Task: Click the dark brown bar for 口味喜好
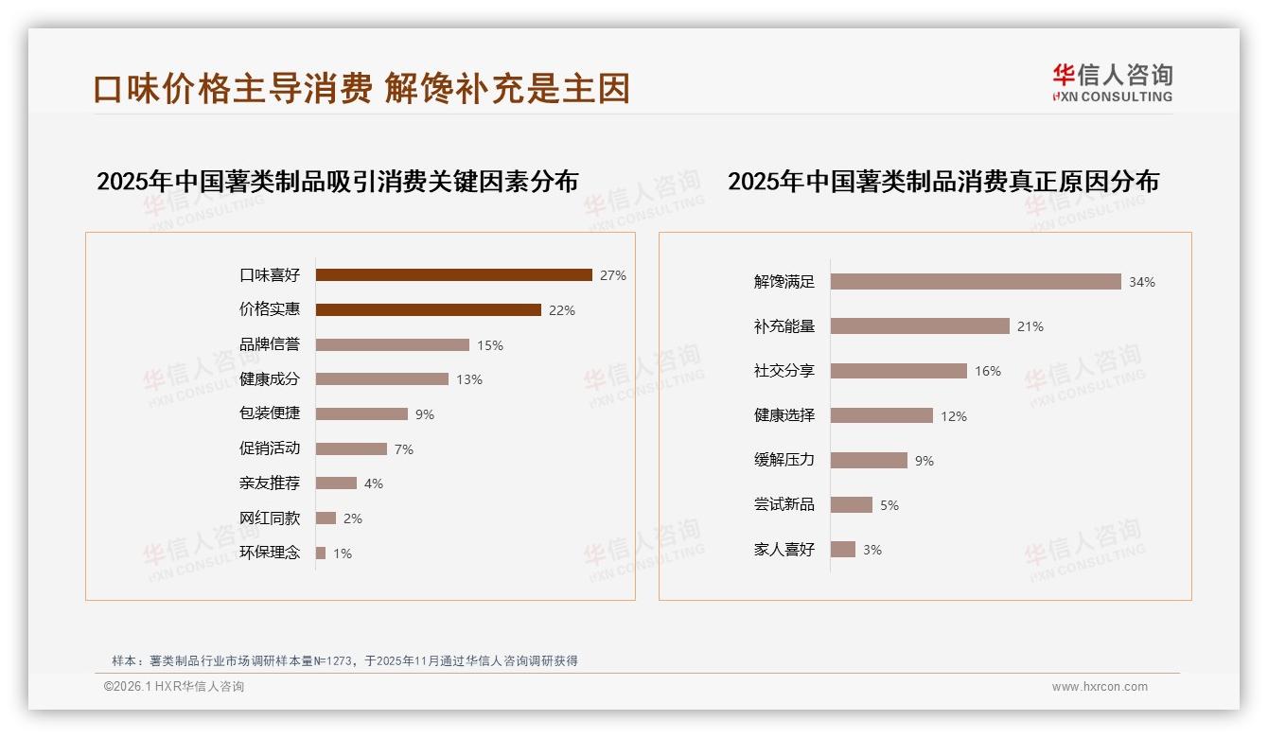click(x=453, y=275)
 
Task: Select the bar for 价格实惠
click(x=428, y=309)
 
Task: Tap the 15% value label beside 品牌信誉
click(x=490, y=345)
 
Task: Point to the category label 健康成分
click(x=270, y=378)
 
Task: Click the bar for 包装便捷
click(x=361, y=413)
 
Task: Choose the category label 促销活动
click(x=270, y=448)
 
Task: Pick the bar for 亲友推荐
click(x=336, y=483)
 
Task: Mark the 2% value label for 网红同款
click(x=353, y=518)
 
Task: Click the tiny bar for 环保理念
click(x=321, y=553)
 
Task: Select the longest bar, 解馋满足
click(x=976, y=281)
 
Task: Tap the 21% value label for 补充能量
click(x=1030, y=326)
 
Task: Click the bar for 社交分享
click(x=899, y=371)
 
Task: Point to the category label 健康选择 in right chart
click(x=784, y=415)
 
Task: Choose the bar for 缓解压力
click(x=869, y=460)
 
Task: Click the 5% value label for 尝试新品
click(x=889, y=505)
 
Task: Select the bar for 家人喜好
click(x=843, y=549)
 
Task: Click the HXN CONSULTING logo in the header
click(x=1112, y=83)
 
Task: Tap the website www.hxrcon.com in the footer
click(x=1100, y=687)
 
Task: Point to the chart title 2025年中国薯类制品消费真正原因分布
click(x=943, y=181)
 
